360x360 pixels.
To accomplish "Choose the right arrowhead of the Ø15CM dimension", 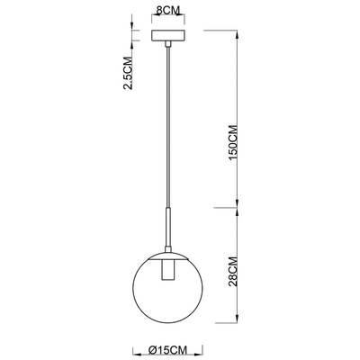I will [x=201, y=338].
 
